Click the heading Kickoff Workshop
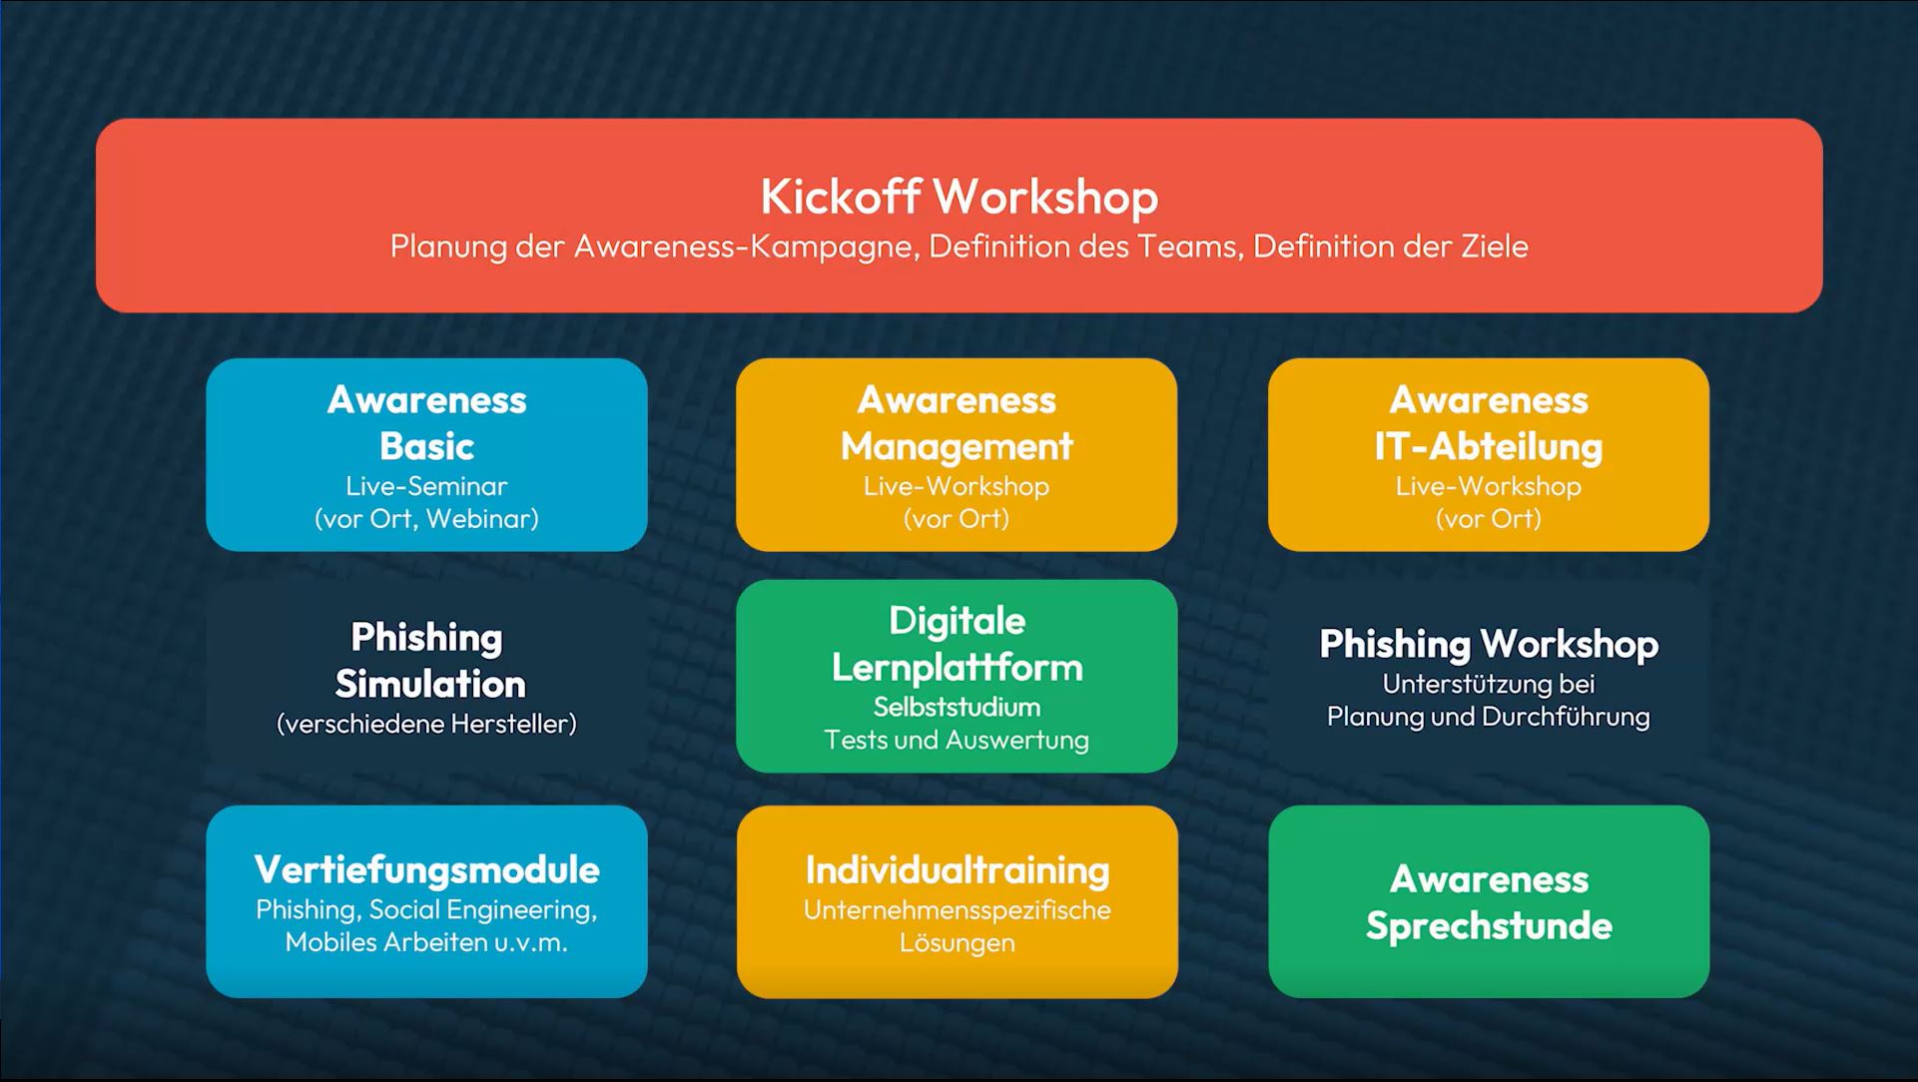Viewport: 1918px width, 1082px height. tap(959, 196)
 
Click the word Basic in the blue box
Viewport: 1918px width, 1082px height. tap(426, 446)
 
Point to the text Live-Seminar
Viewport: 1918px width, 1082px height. tap(426, 486)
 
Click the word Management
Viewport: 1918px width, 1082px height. tap(957, 446)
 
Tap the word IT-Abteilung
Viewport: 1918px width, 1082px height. tap(1488, 446)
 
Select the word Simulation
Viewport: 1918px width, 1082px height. tap(430, 684)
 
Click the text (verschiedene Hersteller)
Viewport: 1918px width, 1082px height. tap(426, 724)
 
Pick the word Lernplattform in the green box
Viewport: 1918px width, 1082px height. tap(957, 667)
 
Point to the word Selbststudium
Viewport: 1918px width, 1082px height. tap(957, 707)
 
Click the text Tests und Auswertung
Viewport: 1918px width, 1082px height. tap(957, 740)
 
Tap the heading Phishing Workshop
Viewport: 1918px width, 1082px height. tap(1489, 644)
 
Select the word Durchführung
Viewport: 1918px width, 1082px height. tap(1566, 717)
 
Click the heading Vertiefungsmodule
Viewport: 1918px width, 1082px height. tap(426, 869)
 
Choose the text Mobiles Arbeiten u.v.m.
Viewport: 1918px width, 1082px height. tap(426, 942)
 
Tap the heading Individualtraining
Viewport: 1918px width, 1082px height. tap(957, 869)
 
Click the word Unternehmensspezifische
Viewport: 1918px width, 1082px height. tap(957, 910)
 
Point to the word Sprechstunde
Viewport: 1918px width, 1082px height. tap(1489, 925)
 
